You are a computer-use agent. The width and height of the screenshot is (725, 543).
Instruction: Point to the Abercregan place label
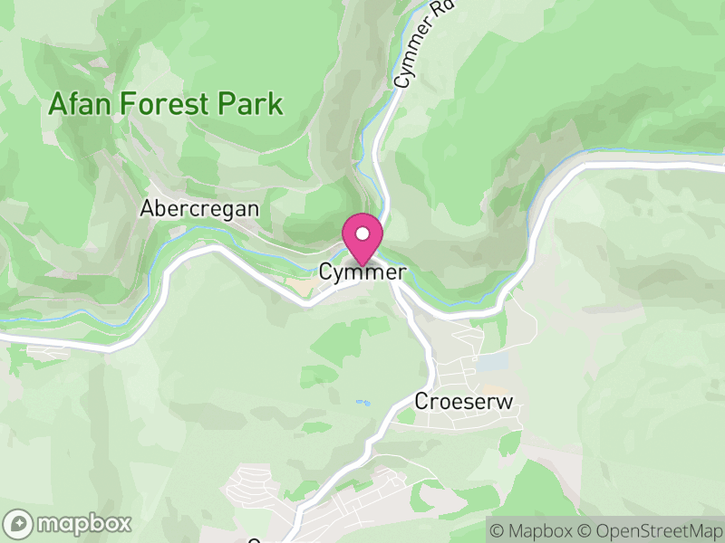[199, 209]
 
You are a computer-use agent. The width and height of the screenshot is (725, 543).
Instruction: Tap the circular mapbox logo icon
[19, 523]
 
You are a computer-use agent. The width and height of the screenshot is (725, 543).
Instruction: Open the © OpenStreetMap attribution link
[650, 530]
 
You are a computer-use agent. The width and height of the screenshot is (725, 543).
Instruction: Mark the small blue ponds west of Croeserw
[363, 403]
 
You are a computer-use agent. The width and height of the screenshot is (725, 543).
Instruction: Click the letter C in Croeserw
[421, 400]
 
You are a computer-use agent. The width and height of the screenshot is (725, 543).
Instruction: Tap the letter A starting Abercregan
[146, 209]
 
